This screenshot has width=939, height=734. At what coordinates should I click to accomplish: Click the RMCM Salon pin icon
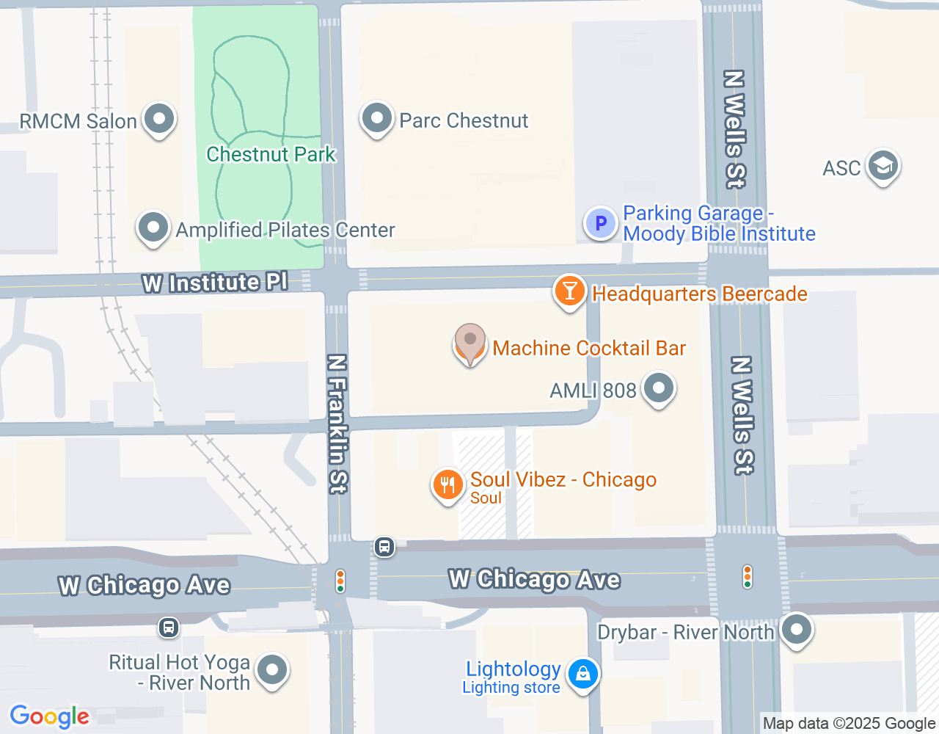158,119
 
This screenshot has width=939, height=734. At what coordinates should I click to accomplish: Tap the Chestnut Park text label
271,154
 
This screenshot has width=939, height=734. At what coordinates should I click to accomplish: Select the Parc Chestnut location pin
377,118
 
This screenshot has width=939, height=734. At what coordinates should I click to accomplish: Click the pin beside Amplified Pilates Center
153,228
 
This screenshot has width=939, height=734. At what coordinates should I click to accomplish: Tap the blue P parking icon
600,223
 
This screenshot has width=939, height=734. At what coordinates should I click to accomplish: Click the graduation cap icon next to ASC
883,166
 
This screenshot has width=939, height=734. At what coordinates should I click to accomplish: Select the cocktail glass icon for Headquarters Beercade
569,291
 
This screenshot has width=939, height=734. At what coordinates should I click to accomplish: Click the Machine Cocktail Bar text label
589,348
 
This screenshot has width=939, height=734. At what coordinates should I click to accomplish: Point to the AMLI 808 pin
658,388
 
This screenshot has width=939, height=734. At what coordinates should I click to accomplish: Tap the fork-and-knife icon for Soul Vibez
447,484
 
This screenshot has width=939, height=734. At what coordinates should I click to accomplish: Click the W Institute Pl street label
215,283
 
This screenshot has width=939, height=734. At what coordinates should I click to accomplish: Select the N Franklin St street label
337,424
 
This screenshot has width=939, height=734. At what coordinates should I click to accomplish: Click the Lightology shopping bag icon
583,673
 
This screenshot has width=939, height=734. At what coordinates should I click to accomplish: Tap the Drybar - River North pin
796,630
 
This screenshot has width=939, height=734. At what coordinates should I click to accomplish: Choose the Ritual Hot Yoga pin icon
273,669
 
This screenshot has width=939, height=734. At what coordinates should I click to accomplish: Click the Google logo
50,716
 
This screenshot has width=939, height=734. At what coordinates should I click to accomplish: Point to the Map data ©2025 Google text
849,723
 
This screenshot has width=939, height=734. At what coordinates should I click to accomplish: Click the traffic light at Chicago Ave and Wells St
748,576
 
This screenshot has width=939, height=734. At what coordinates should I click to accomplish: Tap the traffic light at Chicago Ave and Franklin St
340,581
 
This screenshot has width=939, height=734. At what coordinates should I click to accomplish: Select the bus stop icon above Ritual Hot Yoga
169,628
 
